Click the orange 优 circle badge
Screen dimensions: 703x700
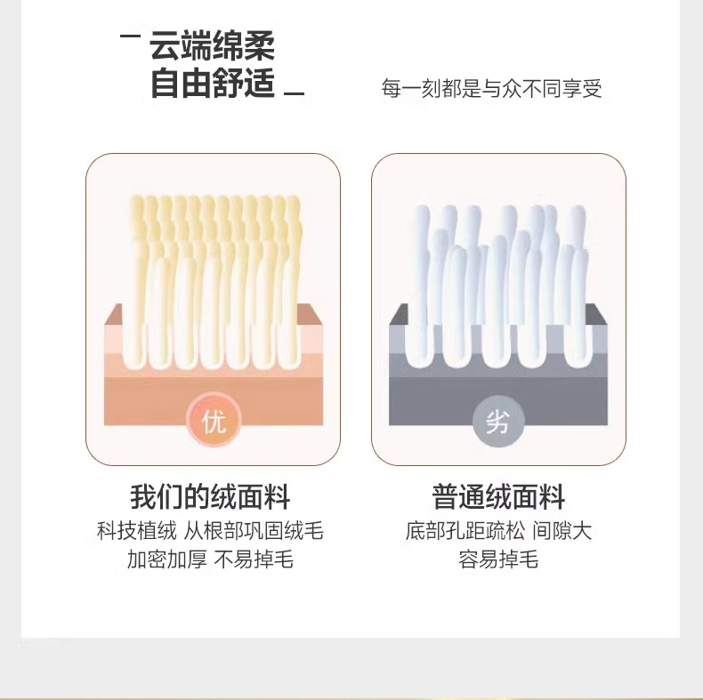pyautogui.click(x=214, y=421)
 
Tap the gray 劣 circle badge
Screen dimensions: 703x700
pyautogui.click(x=498, y=421)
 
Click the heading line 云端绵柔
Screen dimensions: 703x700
pyautogui.click(x=212, y=46)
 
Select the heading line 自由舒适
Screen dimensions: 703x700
pyautogui.click(x=212, y=84)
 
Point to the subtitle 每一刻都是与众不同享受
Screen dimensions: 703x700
pyautogui.click(x=491, y=88)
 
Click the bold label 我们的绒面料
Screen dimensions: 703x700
pyautogui.click(x=210, y=497)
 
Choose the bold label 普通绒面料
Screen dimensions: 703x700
pyautogui.click(x=498, y=497)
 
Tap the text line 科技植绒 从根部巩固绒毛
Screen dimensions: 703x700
pyautogui.click(x=210, y=531)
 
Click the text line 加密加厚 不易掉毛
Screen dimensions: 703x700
pyautogui.click(x=210, y=559)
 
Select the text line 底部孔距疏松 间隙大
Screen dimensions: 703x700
pyautogui.click(x=498, y=531)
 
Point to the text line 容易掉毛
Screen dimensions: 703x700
pyautogui.click(x=498, y=559)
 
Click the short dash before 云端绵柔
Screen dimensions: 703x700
pyautogui.click(x=131, y=36)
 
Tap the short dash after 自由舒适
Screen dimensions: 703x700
pyautogui.click(x=295, y=93)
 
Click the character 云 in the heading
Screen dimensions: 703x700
pyautogui.click(x=165, y=46)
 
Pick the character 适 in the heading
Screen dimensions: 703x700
pyautogui.click(x=259, y=84)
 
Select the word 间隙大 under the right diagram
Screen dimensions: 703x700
pyautogui.click(x=562, y=531)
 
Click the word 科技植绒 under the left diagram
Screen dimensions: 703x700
pyautogui.click(x=137, y=531)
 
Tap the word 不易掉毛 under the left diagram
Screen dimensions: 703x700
pyautogui.click(x=254, y=559)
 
